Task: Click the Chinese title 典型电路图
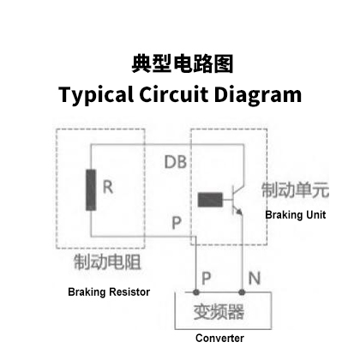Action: (x=183, y=63)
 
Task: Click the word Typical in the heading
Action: (x=96, y=95)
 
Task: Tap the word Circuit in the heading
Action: (x=174, y=93)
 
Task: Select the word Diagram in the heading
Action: (x=258, y=95)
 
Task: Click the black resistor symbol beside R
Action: (x=91, y=190)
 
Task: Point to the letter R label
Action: (x=108, y=187)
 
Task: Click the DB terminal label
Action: (x=176, y=162)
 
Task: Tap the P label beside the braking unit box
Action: (x=177, y=223)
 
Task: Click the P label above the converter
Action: (x=207, y=278)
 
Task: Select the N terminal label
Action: (x=255, y=278)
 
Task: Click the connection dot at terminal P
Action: (x=196, y=292)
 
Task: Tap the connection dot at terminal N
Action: (x=242, y=292)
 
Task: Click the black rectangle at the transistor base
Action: (x=210, y=200)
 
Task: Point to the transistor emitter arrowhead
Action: (x=239, y=212)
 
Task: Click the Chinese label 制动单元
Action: (x=295, y=190)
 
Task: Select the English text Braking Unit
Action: (x=296, y=215)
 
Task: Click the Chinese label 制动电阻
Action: (x=107, y=261)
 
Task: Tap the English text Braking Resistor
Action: (x=109, y=292)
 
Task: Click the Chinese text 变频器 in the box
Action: (x=219, y=312)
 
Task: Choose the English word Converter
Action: (x=219, y=338)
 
